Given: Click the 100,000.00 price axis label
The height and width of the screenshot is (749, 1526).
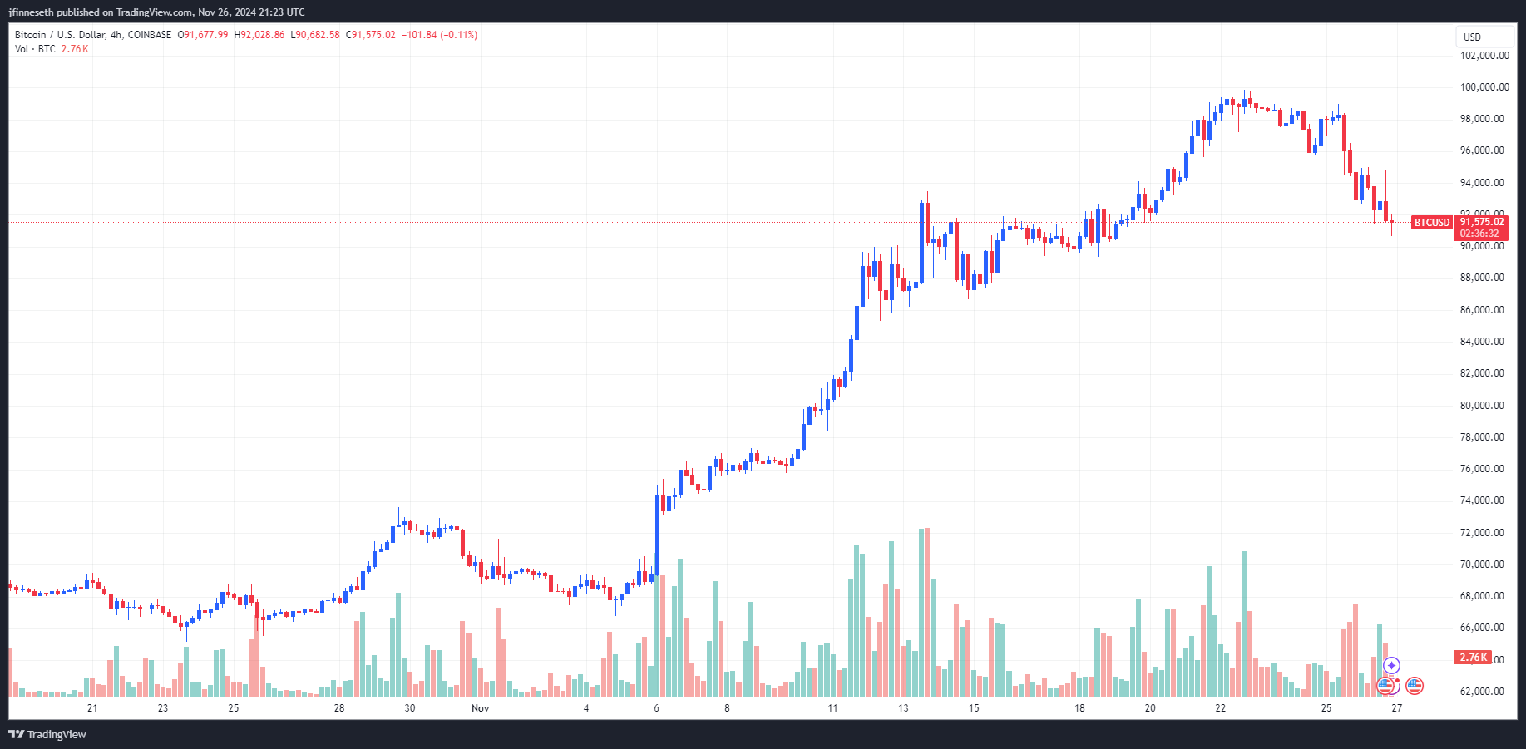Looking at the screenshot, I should (1484, 87).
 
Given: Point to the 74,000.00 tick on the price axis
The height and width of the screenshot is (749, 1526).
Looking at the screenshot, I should (1482, 500).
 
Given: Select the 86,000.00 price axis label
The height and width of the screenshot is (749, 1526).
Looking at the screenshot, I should (1482, 310).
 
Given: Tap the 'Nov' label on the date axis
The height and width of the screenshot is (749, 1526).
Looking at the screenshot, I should (480, 708).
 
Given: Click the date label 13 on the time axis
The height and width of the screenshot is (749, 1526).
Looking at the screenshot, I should (903, 708).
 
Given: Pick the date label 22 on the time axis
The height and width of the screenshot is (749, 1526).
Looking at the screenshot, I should (1220, 708).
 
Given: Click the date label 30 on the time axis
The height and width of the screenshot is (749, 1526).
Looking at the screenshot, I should (409, 708).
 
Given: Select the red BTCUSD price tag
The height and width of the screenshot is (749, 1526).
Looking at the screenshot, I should (1432, 223).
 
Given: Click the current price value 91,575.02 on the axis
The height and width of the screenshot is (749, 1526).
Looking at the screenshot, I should (1482, 222).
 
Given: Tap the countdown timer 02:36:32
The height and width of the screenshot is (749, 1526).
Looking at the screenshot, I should (1479, 234).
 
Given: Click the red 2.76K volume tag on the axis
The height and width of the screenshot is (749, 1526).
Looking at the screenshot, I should (1473, 658).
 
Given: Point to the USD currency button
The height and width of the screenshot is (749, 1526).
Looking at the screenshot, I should (1473, 37).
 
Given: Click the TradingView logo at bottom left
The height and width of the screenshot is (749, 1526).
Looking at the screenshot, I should (47, 734).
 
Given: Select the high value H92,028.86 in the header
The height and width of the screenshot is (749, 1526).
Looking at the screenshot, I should (259, 35).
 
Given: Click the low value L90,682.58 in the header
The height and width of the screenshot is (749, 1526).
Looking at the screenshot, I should (315, 35).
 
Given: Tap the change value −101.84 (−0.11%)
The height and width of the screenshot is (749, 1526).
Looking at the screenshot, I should (439, 35).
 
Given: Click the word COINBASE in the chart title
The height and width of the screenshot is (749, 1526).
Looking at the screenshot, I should (150, 35).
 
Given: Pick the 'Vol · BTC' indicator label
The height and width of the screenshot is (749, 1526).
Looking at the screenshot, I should (35, 49).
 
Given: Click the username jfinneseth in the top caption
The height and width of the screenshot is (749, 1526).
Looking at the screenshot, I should (31, 12).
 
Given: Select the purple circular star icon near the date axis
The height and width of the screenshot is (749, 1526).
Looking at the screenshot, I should (1391, 666).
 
